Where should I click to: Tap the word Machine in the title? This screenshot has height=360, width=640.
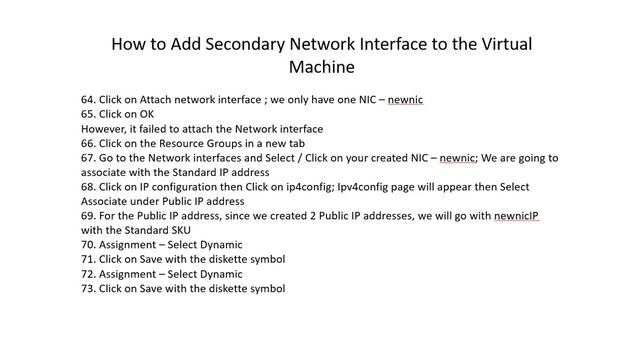click(321, 68)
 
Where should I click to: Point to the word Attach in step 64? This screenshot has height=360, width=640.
click(158, 100)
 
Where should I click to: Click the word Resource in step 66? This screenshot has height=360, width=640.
click(188, 143)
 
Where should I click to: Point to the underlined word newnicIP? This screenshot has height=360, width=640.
click(516, 216)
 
